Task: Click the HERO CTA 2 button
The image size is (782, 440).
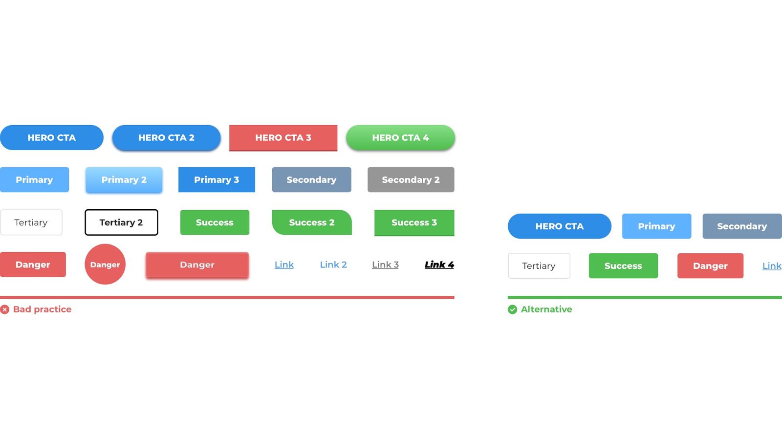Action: (x=166, y=137)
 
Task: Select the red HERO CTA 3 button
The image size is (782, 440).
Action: (x=283, y=138)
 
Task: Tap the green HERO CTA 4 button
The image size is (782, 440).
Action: (x=400, y=137)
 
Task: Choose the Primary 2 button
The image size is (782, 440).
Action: (x=124, y=180)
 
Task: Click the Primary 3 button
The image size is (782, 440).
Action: (x=217, y=179)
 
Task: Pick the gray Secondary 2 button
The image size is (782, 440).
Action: (x=411, y=179)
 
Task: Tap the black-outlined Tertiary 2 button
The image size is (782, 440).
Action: (x=121, y=222)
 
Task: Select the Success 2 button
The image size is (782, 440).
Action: (x=312, y=222)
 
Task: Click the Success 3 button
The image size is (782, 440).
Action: (x=414, y=223)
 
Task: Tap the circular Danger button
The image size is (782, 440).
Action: (x=105, y=264)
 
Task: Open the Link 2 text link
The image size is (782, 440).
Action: (x=333, y=264)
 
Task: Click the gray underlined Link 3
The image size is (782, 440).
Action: (x=386, y=264)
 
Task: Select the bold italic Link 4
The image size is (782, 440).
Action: (x=439, y=264)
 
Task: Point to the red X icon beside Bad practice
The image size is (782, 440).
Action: (x=4, y=309)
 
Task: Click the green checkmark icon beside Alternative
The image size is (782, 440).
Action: (x=513, y=309)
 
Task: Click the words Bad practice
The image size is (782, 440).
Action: (x=42, y=309)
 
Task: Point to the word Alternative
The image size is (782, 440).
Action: (x=546, y=309)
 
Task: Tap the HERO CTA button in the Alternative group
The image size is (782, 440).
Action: (x=560, y=226)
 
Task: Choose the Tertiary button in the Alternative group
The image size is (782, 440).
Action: (x=539, y=266)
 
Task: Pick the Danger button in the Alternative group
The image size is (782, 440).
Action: (x=711, y=266)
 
